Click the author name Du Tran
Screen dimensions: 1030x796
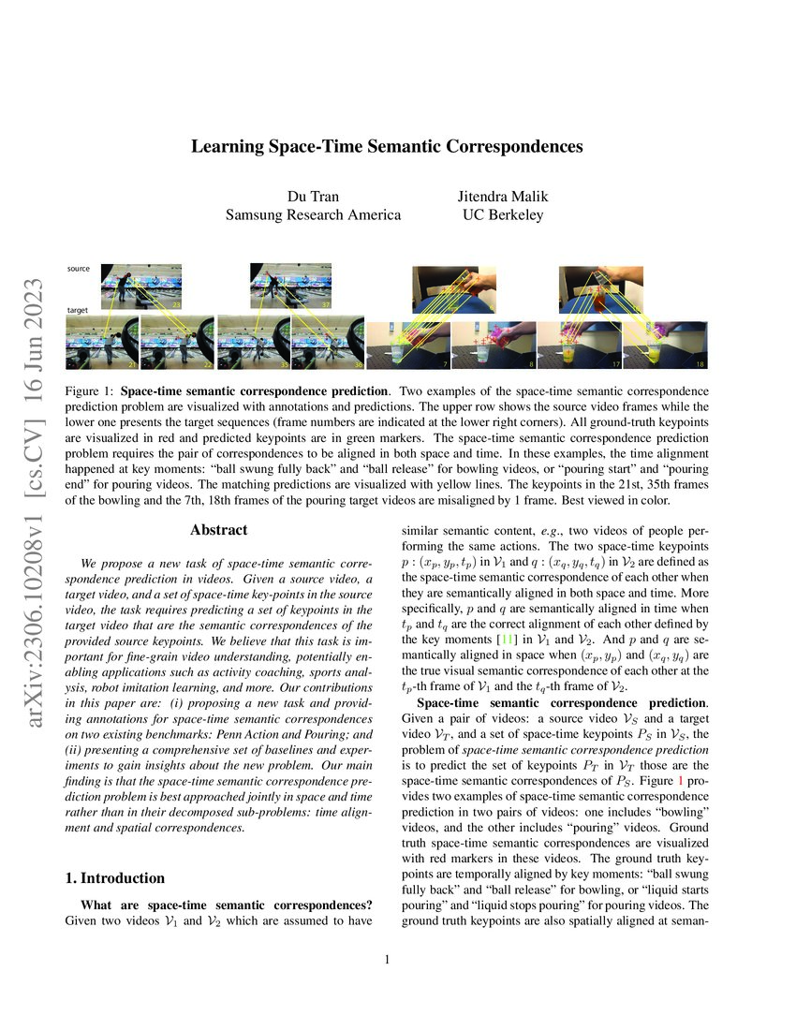314,196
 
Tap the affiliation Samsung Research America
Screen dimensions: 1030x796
314,214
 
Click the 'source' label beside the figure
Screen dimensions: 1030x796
79,269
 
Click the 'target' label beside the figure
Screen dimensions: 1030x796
78,308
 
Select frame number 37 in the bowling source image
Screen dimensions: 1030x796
326,304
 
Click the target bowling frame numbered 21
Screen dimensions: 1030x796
102,345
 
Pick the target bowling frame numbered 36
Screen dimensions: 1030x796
328,345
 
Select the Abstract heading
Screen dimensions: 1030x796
218,530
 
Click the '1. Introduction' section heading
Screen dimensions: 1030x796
115,878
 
